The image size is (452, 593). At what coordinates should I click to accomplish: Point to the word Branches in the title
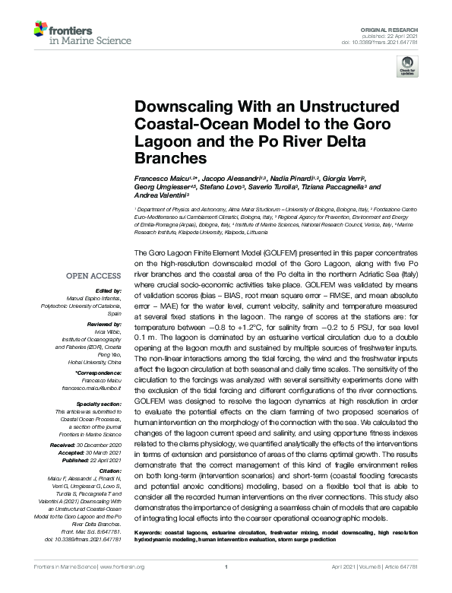(x=172, y=159)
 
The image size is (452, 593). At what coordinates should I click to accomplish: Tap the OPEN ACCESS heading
(x=93, y=276)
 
